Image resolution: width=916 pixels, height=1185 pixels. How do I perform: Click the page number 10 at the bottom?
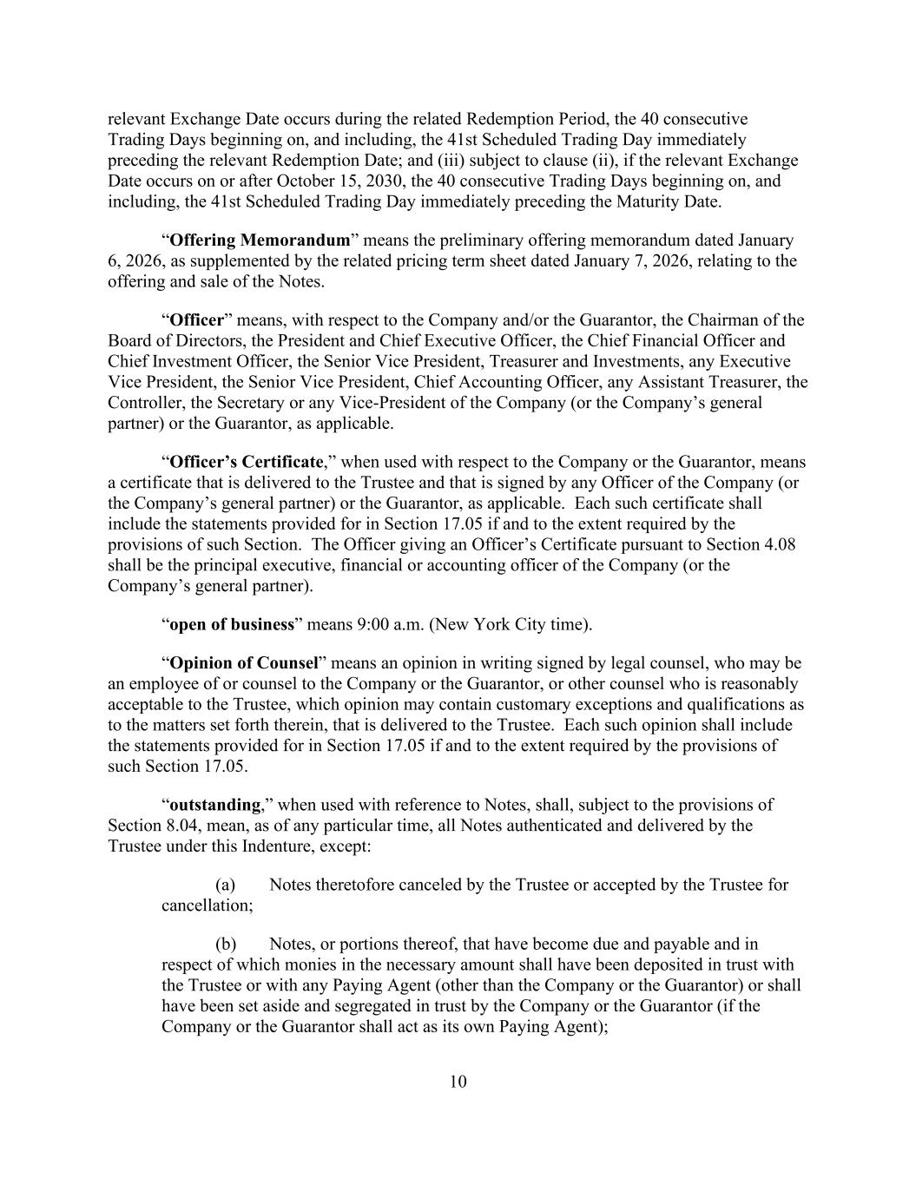458,1081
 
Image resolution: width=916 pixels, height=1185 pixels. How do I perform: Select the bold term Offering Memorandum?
260,240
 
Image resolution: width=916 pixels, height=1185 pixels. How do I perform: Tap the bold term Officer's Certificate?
246,462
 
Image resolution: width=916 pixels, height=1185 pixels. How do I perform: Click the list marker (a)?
225,885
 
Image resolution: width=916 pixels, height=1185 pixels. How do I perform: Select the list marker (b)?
225,944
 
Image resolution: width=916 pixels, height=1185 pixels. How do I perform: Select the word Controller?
146,403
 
